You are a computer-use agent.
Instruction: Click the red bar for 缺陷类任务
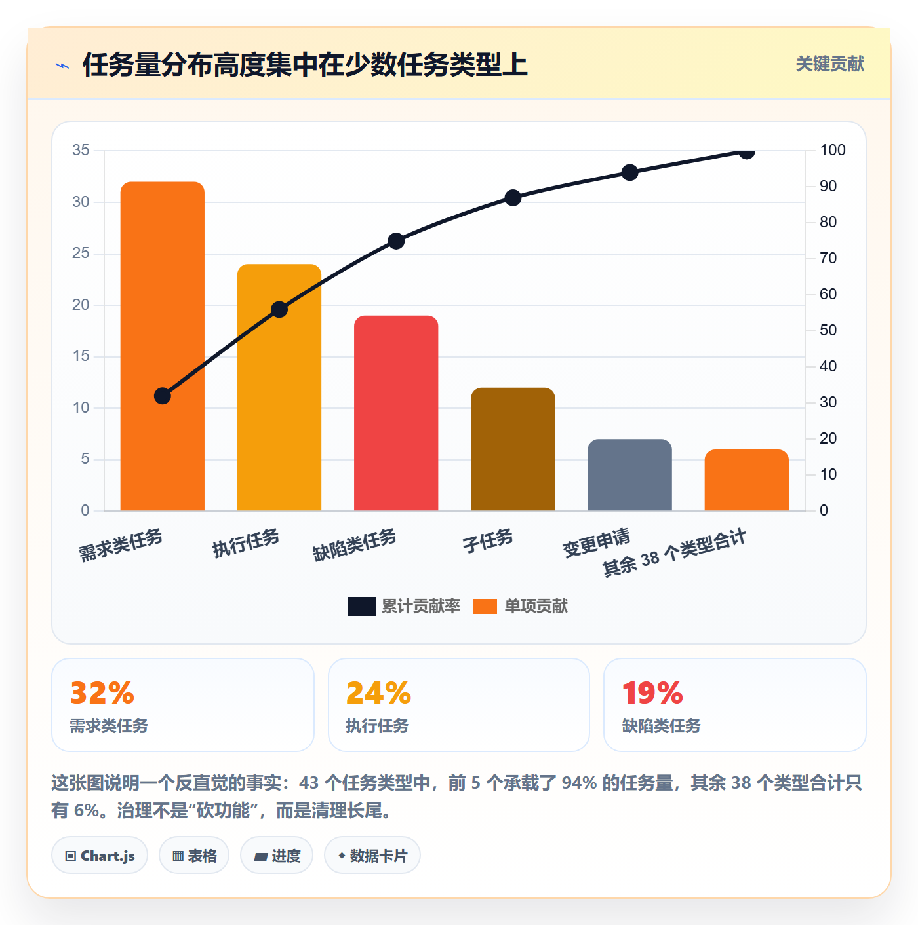[396, 413]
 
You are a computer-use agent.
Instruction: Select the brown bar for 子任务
[513, 449]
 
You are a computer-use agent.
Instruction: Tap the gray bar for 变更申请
[629, 475]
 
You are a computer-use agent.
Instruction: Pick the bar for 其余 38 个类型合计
[746, 480]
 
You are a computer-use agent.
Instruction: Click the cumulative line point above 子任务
[513, 198]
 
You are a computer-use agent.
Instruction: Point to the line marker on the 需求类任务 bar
[163, 396]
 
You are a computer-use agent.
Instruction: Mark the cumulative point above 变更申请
[629, 173]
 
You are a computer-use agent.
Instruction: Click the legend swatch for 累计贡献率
[362, 606]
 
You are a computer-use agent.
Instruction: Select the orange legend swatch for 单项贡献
[485, 606]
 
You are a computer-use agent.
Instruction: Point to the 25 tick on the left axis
[81, 253]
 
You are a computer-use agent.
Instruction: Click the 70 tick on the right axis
[828, 258]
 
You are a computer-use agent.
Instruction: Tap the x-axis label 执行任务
[246, 543]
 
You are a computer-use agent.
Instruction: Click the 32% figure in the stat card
[102, 692]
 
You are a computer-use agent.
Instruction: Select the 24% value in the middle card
[379, 692]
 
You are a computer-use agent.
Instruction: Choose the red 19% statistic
[652, 692]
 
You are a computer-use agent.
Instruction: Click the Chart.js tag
[100, 856]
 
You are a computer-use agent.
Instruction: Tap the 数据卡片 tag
[372, 856]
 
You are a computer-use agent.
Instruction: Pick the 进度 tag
[277, 856]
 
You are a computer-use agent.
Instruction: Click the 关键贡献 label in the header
[830, 64]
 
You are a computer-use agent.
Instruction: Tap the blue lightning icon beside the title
[62, 66]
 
